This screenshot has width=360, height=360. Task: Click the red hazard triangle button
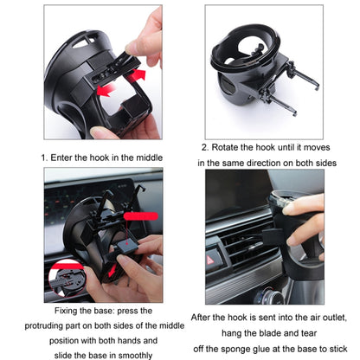(x=215, y=258)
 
